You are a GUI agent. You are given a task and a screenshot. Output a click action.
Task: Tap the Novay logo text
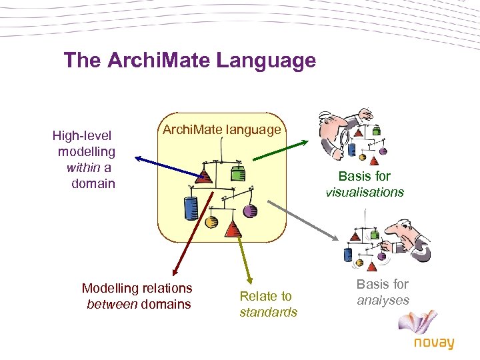[433, 343]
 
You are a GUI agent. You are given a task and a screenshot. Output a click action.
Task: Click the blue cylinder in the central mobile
[191, 208]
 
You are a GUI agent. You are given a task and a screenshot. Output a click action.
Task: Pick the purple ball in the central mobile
[250, 211]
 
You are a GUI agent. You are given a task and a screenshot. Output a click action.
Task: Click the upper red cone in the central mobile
[205, 176]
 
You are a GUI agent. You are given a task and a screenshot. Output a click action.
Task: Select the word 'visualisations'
[365, 192]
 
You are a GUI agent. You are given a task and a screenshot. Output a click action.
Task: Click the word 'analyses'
[383, 300]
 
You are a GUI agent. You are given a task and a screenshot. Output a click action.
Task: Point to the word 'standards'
[268, 312]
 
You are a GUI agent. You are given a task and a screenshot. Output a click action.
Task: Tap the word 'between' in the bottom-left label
[111, 305]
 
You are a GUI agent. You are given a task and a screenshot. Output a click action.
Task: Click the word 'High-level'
[81, 136]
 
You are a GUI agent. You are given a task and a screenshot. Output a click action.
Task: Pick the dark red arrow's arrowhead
[173, 272]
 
